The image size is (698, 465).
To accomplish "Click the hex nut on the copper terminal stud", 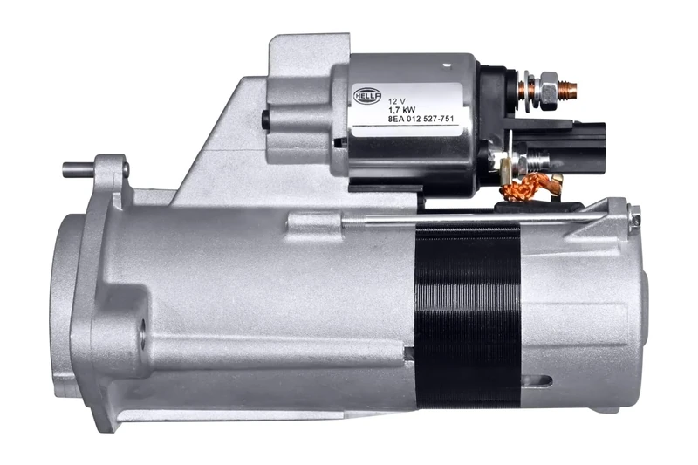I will pos(547,90).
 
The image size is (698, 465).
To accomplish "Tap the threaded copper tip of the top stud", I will pos(568,88).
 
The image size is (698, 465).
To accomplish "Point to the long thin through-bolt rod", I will pos(480,220).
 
